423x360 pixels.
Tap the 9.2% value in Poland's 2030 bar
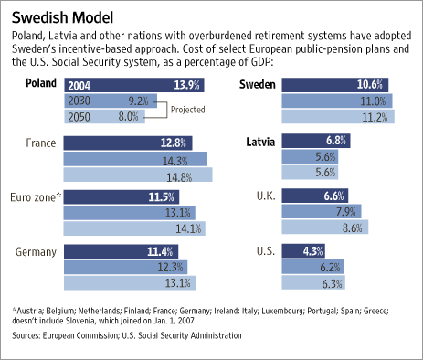(138, 101)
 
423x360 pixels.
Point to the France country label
(43, 143)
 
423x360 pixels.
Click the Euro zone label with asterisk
(37, 196)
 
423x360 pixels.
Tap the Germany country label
(36, 250)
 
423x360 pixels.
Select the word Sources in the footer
(29, 335)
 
